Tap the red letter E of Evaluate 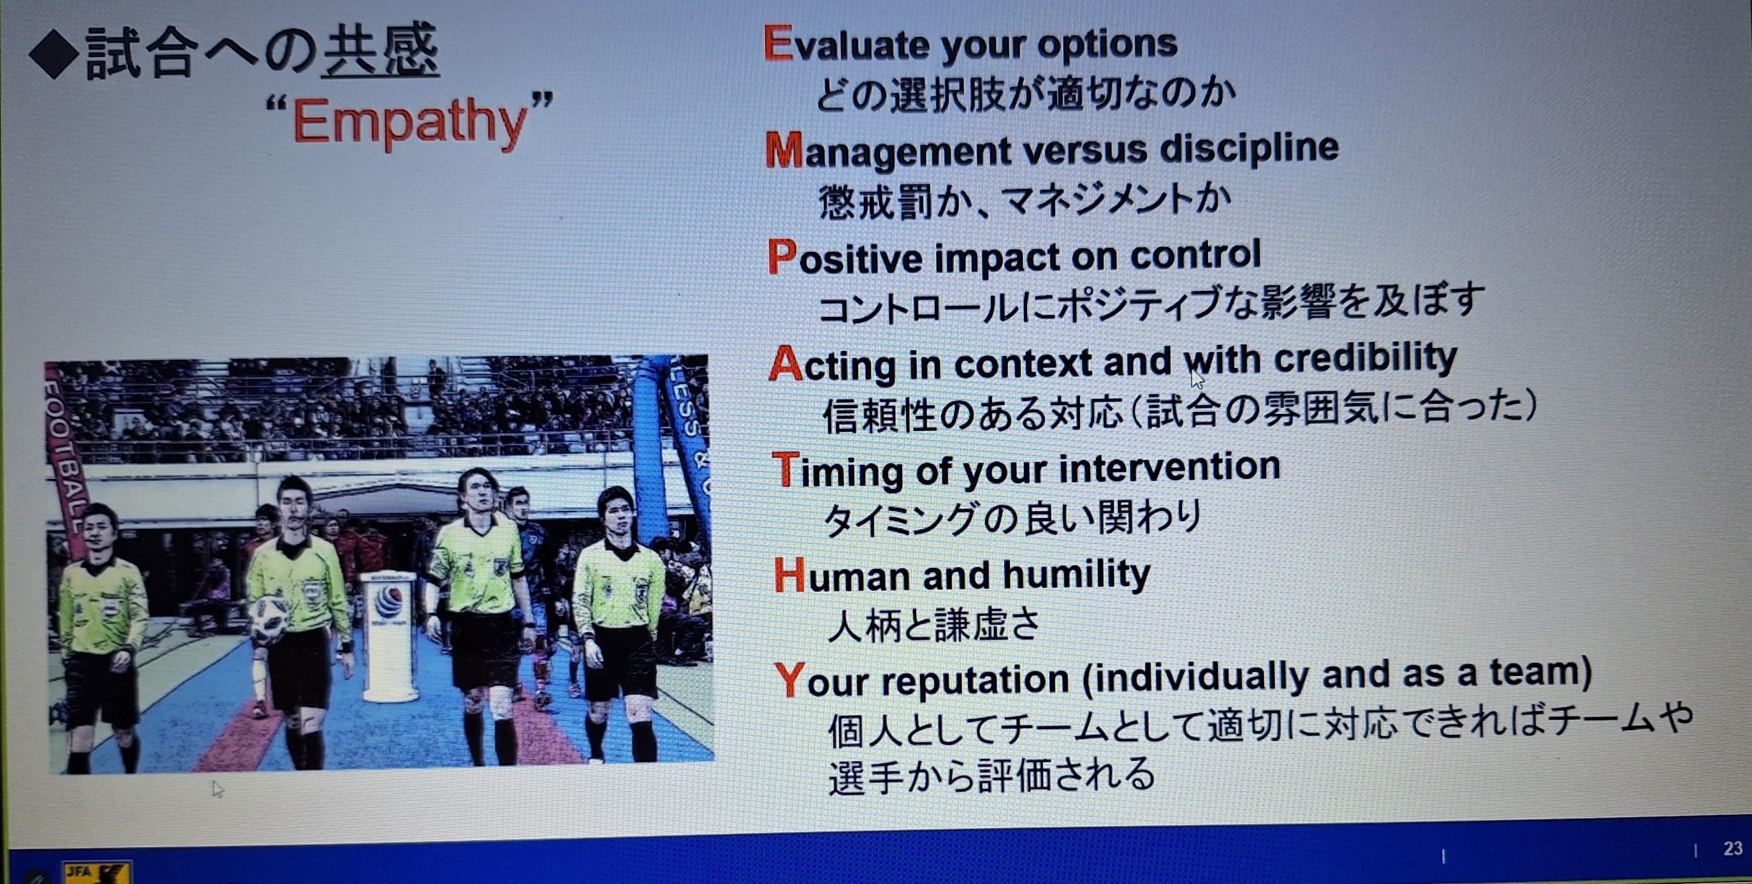[x=777, y=43]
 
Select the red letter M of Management [x=784, y=150]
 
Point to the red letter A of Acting [x=785, y=363]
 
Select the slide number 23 [x=1733, y=848]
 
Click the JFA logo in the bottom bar [x=96, y=873]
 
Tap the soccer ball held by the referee [x=269, y=619]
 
